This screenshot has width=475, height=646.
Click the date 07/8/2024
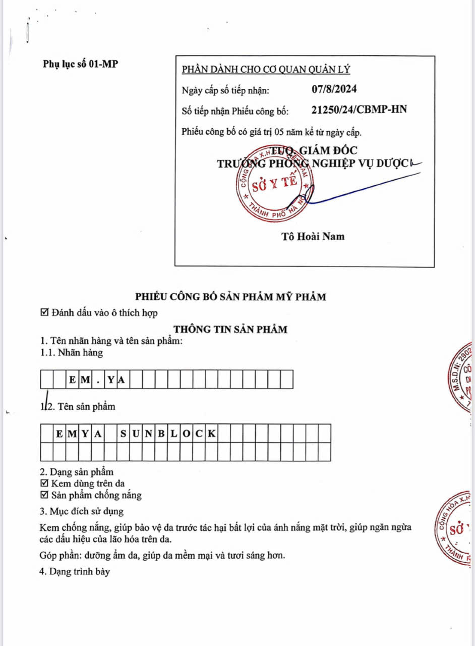(x=334, y=89)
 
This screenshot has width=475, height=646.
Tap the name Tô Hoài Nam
(x=313, y=236)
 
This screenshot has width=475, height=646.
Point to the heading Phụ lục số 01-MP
(x=80, y=64)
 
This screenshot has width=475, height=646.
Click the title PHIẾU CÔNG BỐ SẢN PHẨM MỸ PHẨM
(x=230, y=297)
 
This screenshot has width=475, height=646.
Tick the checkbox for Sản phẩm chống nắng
(x=44, y=495)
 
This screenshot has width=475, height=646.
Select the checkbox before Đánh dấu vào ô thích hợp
(x=44, y=313)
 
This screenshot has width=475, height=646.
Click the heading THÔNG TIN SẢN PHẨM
(x=230, y=330)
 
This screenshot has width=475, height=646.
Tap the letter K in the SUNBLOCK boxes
(x=212, y=434)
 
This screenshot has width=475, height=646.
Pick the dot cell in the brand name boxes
(x=98, y=380)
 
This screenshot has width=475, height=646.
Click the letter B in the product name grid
(x=161, y=434)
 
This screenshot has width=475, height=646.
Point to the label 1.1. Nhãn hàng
(x=72, y=353)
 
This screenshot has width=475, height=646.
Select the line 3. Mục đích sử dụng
(x=82, y=511)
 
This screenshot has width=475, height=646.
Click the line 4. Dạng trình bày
(x=75, y=572)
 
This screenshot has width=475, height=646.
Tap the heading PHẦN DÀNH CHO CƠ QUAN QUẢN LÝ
(x=266, y=70)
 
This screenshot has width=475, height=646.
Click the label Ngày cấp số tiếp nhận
(x=225, y=90)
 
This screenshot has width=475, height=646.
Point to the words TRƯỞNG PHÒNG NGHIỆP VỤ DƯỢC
(x=314, y=164)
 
